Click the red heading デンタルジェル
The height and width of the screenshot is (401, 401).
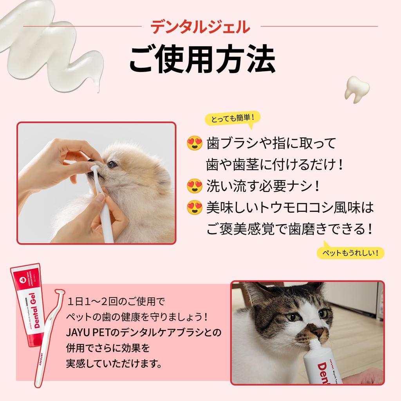pos(200,27)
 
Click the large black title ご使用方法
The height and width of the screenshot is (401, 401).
pos(201,60)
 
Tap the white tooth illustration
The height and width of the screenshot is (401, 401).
pos(357,89)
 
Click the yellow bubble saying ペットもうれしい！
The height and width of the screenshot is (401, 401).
pos(350,253)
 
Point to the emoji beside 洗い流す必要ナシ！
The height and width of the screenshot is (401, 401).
pos(195,186)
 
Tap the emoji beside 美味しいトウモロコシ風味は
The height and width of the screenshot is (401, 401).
pos(195,207)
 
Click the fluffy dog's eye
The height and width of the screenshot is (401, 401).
pos(112,164)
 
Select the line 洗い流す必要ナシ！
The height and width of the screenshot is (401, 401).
pos(263,186)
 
